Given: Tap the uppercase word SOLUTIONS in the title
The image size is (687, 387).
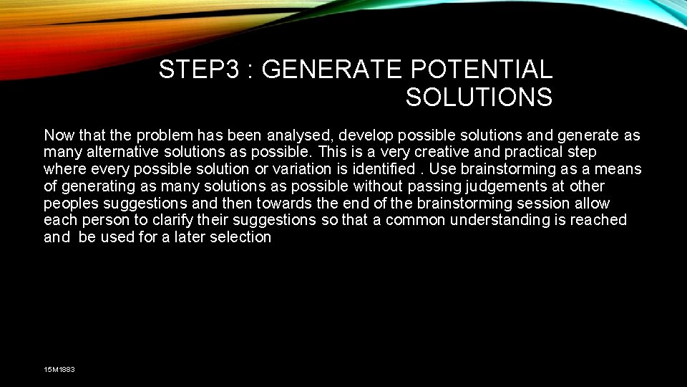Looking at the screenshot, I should click(479, 97).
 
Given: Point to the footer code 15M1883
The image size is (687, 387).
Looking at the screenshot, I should click(59, 369).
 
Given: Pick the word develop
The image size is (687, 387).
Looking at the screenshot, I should click(365, 135).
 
